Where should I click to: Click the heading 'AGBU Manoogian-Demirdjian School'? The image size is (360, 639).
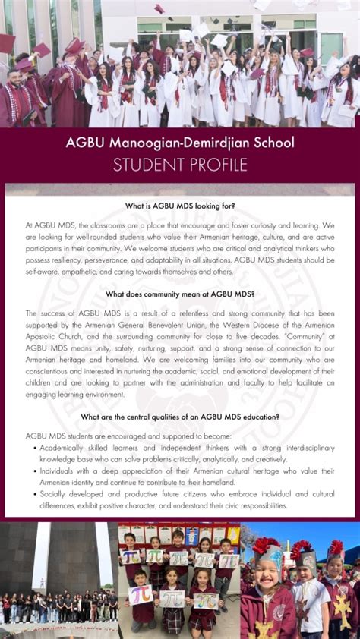pos(179,142)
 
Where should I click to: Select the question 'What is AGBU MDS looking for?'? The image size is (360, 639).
pos(180,206)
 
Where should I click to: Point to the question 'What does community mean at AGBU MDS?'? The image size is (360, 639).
pos(180,294)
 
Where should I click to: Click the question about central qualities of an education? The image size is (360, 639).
pos(180,417)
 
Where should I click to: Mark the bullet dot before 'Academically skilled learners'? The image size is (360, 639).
pos(34,447)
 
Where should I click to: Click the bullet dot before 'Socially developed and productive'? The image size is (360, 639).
pos(34,493)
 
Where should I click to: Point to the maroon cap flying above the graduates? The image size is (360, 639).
pos(159,9)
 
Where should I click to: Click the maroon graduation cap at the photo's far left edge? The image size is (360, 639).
pos(6,43)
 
